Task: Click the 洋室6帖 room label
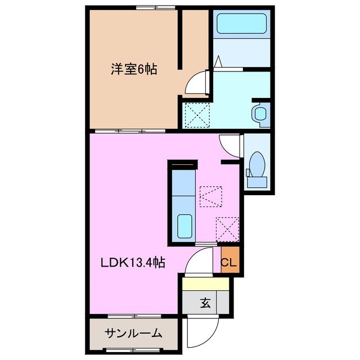[133, 69]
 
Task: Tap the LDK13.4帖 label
[133, 262]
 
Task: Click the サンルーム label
[133, 333]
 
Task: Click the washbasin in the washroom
[260, 113]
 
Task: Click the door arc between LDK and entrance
[200, 263]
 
